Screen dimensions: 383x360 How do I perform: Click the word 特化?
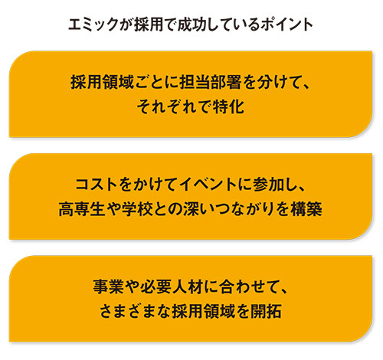pyautogui.click(x=229, y=106)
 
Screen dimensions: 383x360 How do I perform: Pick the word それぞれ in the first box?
pyautogui.click(x=167, y=106)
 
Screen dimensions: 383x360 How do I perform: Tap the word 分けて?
pyautogui.click(x=277, y=82)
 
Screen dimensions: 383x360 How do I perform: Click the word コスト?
pyautogui.click(x=97, y=185)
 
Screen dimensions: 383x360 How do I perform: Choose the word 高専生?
pyautogui.click(x=82, y=209)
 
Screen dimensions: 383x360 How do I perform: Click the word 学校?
pyautogui.click(x=137, y=209)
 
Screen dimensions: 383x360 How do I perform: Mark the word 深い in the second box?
pyautogui.click(x=198, y=209)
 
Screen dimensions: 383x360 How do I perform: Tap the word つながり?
pyautogui.click(x=244, y=209)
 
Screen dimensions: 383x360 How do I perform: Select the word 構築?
pyautogui.click(x=306, y=209)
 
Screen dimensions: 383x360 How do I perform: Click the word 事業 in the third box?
pyautogui.click(x=109, y=286)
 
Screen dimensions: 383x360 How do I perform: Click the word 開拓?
pyautogui.click(x=266, y=311)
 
